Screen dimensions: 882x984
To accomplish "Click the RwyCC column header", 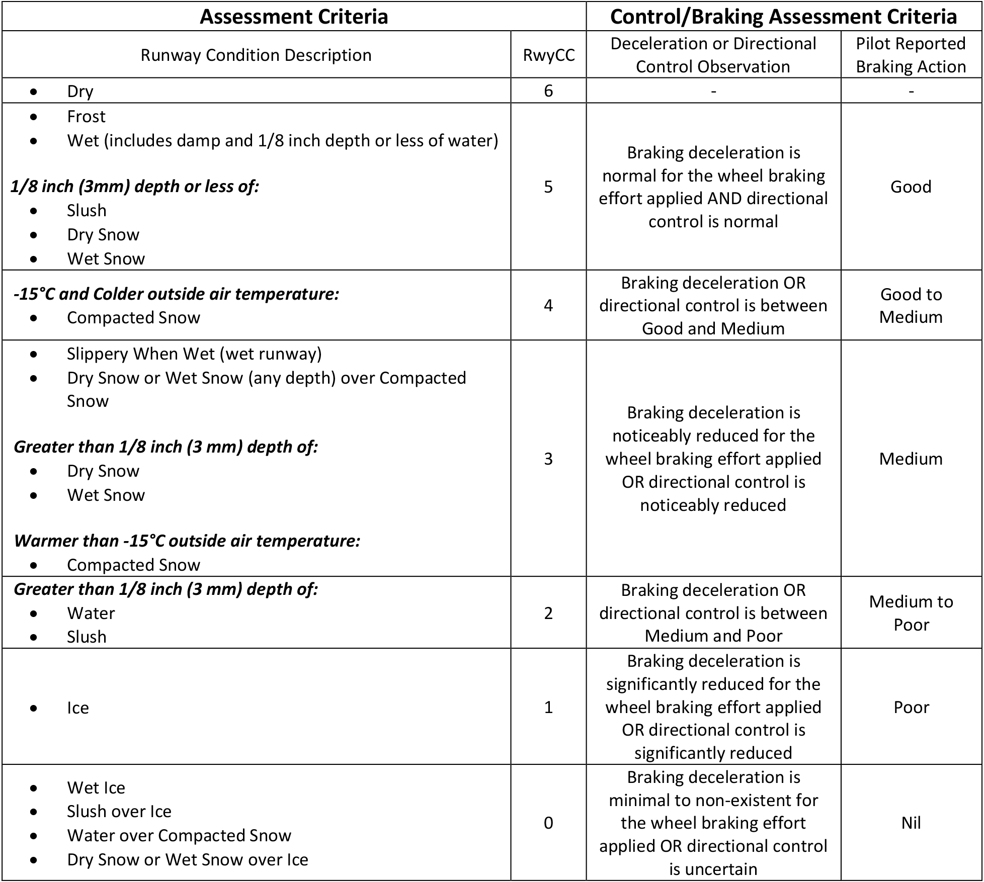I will tap(548, 55).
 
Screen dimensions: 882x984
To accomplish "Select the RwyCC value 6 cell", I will tap(548, 91).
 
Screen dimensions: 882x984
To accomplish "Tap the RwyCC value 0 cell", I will tap(548, 823).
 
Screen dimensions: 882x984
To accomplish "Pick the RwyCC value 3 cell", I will tap(548, 459).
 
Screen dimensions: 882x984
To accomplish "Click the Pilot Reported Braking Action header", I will tap(911, 55).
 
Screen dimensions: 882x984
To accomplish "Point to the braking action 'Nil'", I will tap(911, 823).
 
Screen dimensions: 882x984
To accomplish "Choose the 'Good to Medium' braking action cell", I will tap(911, 305).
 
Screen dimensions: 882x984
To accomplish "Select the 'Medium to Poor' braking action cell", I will tap(911, 613).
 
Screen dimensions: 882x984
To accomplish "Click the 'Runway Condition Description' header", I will tap(256, 55).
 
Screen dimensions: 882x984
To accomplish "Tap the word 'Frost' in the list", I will tap(86, 117).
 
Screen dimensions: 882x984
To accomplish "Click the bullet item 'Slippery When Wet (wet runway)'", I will tap(194, 354).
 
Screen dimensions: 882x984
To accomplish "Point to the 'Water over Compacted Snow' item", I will tap(179, 835).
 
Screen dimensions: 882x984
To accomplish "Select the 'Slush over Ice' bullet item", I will tap(119, 811).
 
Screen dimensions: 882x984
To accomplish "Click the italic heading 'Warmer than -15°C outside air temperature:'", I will tap(187, 541).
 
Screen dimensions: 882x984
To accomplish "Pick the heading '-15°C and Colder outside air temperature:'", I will tap(176, 294).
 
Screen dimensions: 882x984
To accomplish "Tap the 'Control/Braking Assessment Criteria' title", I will tap(783, 17).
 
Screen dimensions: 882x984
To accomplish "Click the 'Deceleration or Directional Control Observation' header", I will tap(713, 55).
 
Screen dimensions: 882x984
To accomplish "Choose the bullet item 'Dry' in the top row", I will tap(80, 92).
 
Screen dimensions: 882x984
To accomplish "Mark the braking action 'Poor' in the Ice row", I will tap(911, 707).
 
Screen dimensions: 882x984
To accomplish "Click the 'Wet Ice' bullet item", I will tap(96, 787).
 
